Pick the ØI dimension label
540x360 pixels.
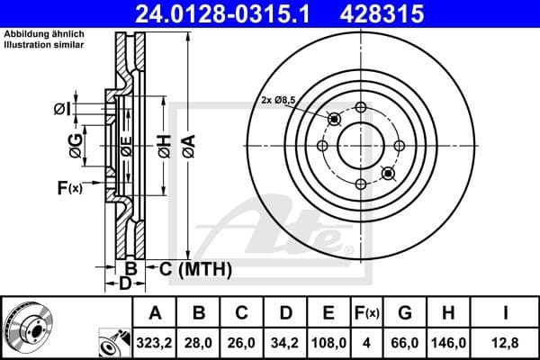point(61,109)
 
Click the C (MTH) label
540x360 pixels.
point(195,268)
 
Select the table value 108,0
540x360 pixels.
point(328,341)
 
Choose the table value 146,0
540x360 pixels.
point(450,341)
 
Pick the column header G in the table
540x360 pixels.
point(406,313)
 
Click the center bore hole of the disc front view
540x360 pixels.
point(360,145)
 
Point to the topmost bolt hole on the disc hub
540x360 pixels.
point(360,108)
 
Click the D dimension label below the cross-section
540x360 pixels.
point(126,285)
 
